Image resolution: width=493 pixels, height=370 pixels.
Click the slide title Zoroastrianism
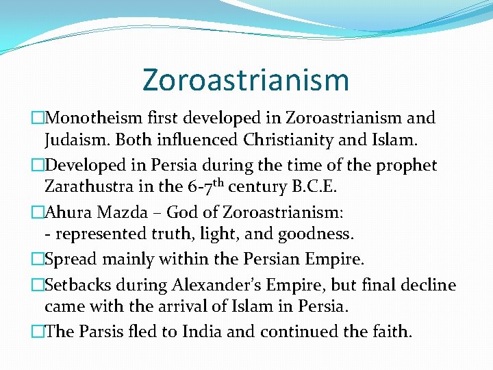coord(246,79)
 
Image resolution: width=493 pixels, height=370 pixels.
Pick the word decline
coord(429,284)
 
